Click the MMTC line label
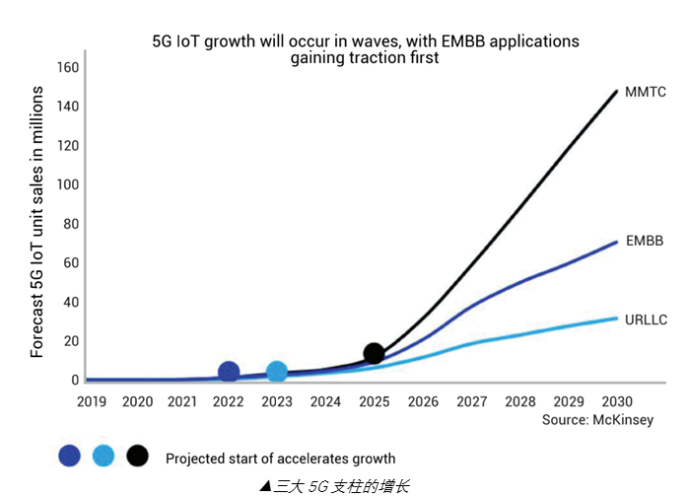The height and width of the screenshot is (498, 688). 647,92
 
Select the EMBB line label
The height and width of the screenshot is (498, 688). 645,241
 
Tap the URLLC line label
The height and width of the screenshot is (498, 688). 647,320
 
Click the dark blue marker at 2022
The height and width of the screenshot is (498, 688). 229,372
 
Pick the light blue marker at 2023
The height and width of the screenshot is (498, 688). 277,372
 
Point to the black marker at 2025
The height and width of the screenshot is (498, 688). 374,353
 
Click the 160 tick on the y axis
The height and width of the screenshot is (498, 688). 67,67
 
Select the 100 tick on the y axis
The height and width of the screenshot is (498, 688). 67,184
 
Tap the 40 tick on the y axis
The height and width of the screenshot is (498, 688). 70,302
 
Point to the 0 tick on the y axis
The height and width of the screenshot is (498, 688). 74,380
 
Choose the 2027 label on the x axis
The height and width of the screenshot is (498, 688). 471,401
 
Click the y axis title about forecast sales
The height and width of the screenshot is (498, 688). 36,222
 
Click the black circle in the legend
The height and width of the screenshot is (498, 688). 137,456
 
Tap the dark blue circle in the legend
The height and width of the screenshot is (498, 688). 69,456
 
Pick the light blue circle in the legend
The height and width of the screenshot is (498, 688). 103,456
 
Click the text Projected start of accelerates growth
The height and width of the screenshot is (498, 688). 280,459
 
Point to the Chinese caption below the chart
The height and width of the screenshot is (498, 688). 334,485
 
